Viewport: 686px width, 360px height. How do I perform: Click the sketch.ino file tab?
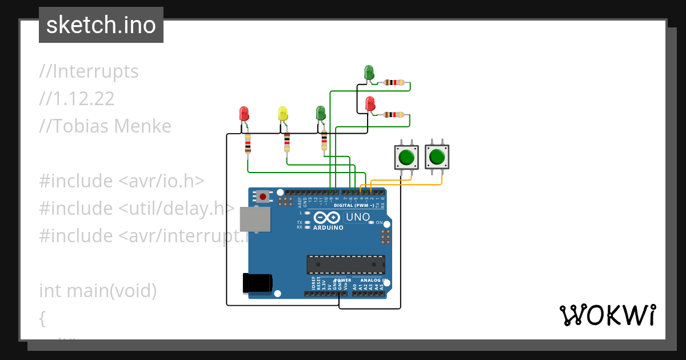point(101,25)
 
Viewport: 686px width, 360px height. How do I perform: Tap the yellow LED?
point(282,114)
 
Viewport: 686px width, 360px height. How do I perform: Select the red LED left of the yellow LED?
point(244,113)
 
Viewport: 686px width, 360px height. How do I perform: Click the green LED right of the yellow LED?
point(321,113)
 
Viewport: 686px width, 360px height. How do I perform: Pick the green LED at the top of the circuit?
point(369,73)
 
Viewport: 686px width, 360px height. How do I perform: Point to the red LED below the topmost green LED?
point(370,104)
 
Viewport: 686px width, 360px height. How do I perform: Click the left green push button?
point(406,157)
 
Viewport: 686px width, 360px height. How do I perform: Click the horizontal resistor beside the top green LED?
point(394,83)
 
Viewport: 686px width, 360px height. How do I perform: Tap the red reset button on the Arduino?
point(262,197)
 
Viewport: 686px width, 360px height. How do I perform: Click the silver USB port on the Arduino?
point(254,219)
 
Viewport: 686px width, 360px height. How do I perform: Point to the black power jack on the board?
point(257,283)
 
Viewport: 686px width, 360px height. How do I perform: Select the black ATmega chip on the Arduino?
point(346,265)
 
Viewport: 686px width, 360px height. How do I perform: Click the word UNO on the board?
point(358,217)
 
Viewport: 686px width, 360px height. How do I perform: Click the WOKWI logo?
point(607,315)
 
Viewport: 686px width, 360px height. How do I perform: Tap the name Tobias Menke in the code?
point(105,126)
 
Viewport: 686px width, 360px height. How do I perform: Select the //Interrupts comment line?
point(89,71)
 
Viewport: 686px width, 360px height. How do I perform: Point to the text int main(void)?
point(98,291)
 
